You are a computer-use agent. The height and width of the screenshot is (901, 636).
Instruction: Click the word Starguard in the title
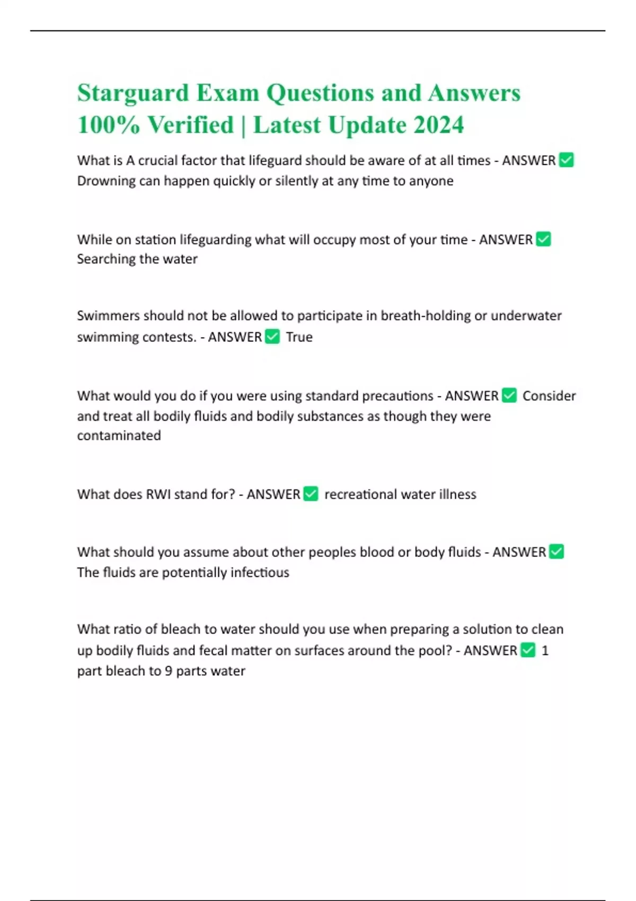click(x=133, y=94)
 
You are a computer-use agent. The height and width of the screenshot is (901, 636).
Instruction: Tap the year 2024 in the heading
click(x=438, y=126)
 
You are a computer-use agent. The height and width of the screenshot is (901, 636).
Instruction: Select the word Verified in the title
click(x=190, y=126)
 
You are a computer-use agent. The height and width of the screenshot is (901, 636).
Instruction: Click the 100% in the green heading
click(x=109, y=126)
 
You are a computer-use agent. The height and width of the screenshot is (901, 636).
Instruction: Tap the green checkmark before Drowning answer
click(x=566, y=160)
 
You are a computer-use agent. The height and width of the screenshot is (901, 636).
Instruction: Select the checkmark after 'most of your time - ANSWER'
click(x=543, y=240)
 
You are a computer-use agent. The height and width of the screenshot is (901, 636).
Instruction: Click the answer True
click(x=299, y=337)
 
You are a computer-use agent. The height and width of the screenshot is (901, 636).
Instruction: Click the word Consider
click(x=549, y=396)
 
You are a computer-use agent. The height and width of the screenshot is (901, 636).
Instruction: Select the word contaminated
click(x=119, y=436)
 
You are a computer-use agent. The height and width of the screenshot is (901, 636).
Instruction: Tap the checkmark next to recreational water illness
click(x=311, y=494)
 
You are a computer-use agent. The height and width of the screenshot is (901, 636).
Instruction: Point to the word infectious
click(x=260, y=572)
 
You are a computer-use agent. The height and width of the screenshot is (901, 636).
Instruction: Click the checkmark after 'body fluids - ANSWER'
click(x=556, y=552)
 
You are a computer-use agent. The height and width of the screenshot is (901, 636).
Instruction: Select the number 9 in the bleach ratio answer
click(x=168, y=671)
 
